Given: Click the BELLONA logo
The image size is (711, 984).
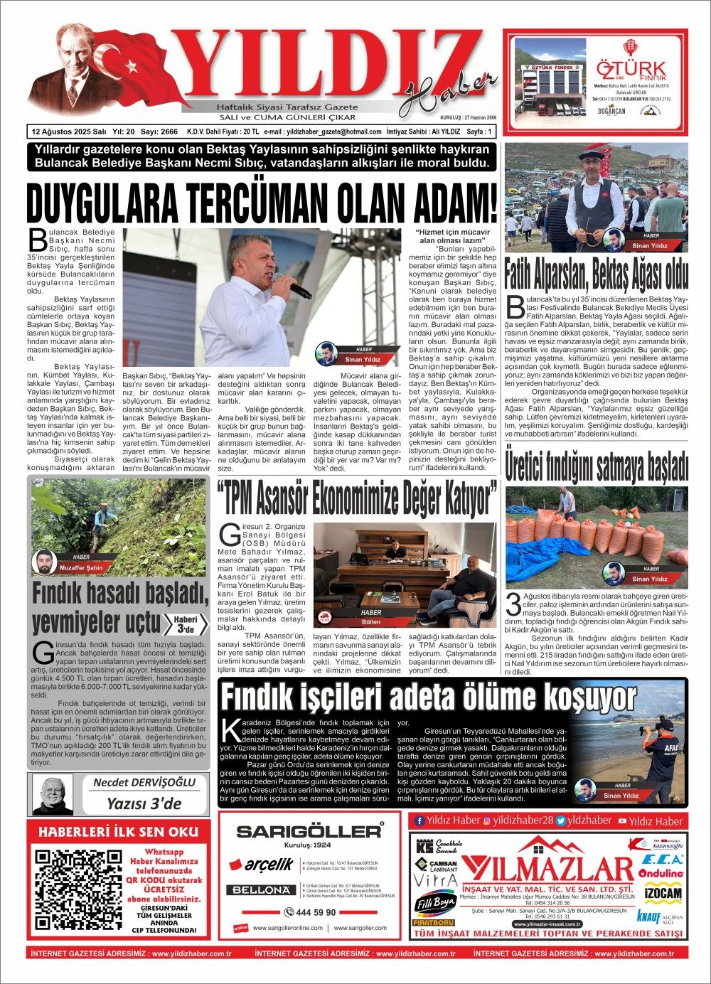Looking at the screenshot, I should click(x=261, y=889).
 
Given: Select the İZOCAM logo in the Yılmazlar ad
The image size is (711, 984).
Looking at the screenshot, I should click(x=663, y=893).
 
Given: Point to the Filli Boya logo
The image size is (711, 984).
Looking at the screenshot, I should click(x=434, y=904).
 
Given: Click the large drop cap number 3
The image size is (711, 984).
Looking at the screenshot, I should click(x=513, y=604).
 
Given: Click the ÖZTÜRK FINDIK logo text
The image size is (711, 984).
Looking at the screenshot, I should click(x=631, y=70).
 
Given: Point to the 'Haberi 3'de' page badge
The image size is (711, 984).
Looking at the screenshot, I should click(x=186, y=624).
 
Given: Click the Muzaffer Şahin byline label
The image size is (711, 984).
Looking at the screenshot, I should click(x=81, y=567).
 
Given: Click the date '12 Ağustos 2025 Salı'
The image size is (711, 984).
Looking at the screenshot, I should click(x=69, y=132).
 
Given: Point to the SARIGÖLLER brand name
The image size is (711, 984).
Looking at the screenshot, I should click(x=309, y=830).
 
